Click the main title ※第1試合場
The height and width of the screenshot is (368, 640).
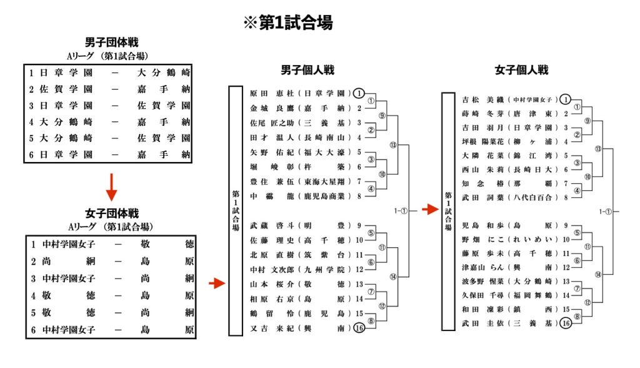click(288, 23)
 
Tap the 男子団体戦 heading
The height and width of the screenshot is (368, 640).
click(111, 42)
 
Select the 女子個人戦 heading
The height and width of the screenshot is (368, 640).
click(521, 70)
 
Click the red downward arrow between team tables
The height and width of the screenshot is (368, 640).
click(111, 187)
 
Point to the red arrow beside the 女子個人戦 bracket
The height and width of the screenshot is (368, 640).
click(430, 209)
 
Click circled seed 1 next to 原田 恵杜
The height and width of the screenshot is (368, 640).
click(358, 93)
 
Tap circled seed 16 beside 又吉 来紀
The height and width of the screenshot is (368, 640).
click(359, 328)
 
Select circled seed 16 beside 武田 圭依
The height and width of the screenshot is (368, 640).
click(566, 323)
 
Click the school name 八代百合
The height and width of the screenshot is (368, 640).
click(532, 197)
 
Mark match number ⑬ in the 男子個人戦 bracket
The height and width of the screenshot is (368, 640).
click(392, 145)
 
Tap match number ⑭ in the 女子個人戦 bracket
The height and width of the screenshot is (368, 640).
click(598, 274)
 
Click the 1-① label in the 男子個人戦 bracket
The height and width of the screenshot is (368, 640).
click(401, 210)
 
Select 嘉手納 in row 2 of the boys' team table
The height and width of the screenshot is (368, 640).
click(164, 89)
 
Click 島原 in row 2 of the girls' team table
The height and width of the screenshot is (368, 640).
click(167, 261)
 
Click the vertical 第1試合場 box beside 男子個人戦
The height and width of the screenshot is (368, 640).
click(236, 210)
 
